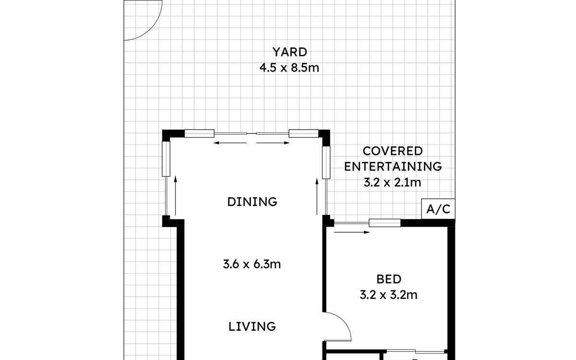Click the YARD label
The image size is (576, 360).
(x=289, y=52)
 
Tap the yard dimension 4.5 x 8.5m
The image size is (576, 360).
(x=289, y=68)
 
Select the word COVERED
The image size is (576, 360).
(x=393, y=151)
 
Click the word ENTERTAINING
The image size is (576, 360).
(x=393, y=167)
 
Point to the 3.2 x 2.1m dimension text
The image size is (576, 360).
(x=393, y=182)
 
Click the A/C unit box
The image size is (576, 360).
(x=438, y=209)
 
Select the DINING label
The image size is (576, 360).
(x=252, y=202)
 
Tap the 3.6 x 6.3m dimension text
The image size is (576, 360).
(x=252, y=264)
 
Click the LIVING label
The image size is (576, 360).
(x=252, y=326)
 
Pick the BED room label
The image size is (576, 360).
(x=389, y=279)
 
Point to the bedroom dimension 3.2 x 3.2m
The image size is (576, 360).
(x=388, y=295)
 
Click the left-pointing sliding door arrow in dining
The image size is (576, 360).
(x=230, y=143)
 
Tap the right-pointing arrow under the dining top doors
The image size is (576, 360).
(x=273, y=143)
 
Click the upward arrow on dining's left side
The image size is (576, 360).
(x=176, y=195)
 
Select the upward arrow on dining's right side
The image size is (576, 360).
(x=317, y=196)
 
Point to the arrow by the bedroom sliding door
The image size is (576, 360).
(x=352, y=232)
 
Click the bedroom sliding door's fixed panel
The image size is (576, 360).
(x=384, y=223)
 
